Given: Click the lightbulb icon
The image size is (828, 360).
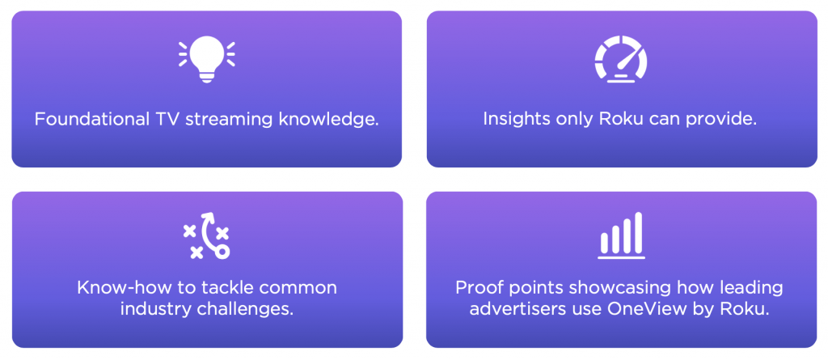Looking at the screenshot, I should [x=206, y=59].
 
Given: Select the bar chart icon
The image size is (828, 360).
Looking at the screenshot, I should [x=620, y=235].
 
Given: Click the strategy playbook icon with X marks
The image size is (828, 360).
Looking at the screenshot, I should [x=206, y=235].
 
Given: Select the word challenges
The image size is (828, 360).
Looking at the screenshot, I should [x=248, y=308].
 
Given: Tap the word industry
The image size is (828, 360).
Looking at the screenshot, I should [x=152, y=308].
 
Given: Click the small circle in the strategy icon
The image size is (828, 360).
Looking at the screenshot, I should [x=222, y=252].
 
